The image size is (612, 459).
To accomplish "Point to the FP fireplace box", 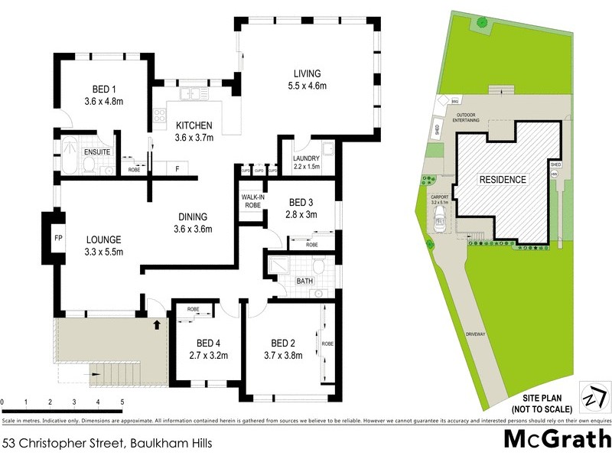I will (57, 237).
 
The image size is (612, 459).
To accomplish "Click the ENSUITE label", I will (99, 151).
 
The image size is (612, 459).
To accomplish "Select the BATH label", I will (304, 282).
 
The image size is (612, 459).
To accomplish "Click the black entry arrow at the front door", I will (158, 325).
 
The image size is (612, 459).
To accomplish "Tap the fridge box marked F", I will (177, 168).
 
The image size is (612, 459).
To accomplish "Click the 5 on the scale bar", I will (122, 402).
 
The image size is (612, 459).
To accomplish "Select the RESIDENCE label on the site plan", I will (503, 181).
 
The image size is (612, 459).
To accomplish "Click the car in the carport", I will (440, 223).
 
